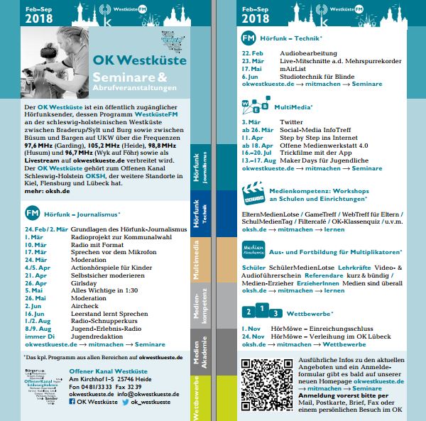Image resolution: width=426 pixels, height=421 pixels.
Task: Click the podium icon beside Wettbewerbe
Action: click(257, 311)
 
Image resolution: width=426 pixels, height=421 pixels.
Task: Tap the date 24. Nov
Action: click(253, 334)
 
